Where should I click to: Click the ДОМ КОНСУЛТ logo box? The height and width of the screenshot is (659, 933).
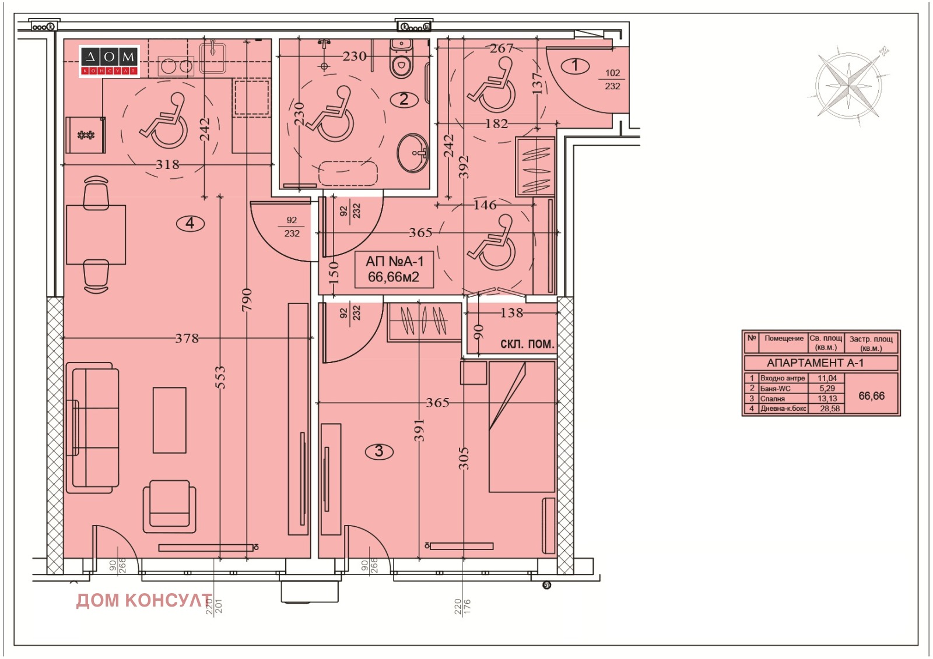pyautogui.click(x=109, y=61)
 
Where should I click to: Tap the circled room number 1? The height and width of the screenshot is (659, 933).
pyautogui.click(x=575, y=65)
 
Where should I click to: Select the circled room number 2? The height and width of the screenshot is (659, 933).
pyautogui.click(x=404, y=100)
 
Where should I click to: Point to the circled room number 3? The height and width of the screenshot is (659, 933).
pyautogui.click(x=379, y=451)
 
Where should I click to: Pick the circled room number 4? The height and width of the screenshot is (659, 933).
pyautogui.click(x=190, y=224)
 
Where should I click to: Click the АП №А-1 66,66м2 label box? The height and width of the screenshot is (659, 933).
pyautogui.click(x=394, y=269)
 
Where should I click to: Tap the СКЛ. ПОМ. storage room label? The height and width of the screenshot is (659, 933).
pyautogui.click(x=527, y=344)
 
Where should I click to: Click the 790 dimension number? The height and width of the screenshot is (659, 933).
pyautogui.click(x=247, y=299)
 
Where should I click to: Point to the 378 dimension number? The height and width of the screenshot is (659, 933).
pyautogui.click(x=187, y=338)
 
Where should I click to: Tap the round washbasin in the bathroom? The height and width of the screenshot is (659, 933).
pyautogui.click(x=413, y=153)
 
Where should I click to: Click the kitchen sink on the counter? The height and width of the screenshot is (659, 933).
pyautogui.click(x=213, y=58)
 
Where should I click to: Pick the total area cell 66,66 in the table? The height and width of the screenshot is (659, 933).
pyautogui.click(x=871, y=396)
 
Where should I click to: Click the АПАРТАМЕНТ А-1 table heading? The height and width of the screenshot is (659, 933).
pyautogui.click(x=820, y=363)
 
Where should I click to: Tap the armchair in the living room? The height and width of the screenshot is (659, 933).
pyautogui.click(x=170, y=507)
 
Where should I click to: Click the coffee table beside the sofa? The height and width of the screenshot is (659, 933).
pyautogui.click(x=170, y=420)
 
